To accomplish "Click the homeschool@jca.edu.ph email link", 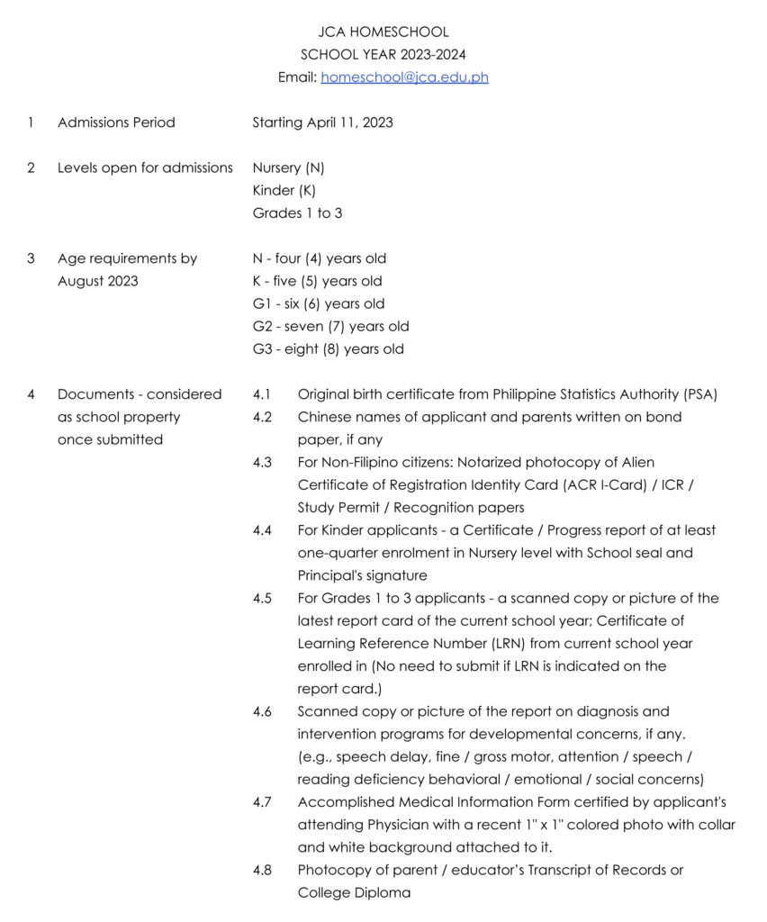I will coord(404,77).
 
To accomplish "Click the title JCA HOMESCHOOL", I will coord(383,32).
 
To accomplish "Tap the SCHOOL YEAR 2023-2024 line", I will coord(383,55).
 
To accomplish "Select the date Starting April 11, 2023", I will coord(322,122).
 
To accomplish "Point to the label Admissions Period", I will coord(116,122).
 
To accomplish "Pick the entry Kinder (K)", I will coord(284,191).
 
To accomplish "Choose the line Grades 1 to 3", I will coord(297,213).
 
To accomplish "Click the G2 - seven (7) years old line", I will coord(330,326).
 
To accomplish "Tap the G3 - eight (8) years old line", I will coord(328,349).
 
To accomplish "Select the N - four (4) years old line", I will coord(320,258).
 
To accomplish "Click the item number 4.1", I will coord(262,394).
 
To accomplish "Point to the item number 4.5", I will coord(262,598).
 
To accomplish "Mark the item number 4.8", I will coord(262,870).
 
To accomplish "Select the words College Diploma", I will coord(354,892).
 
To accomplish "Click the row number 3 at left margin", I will coord(31,258).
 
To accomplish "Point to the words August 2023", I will coord(98,281).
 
